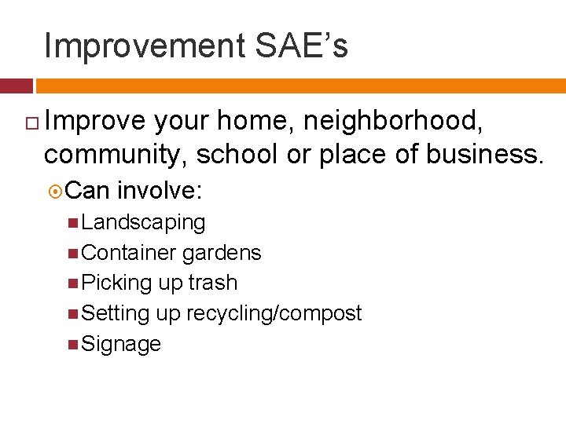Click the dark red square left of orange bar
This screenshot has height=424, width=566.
16,86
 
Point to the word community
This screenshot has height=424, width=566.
116,155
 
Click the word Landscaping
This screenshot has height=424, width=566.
143,223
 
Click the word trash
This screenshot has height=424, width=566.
212,283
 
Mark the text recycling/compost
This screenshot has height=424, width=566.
274,313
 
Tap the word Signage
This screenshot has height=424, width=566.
121,344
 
